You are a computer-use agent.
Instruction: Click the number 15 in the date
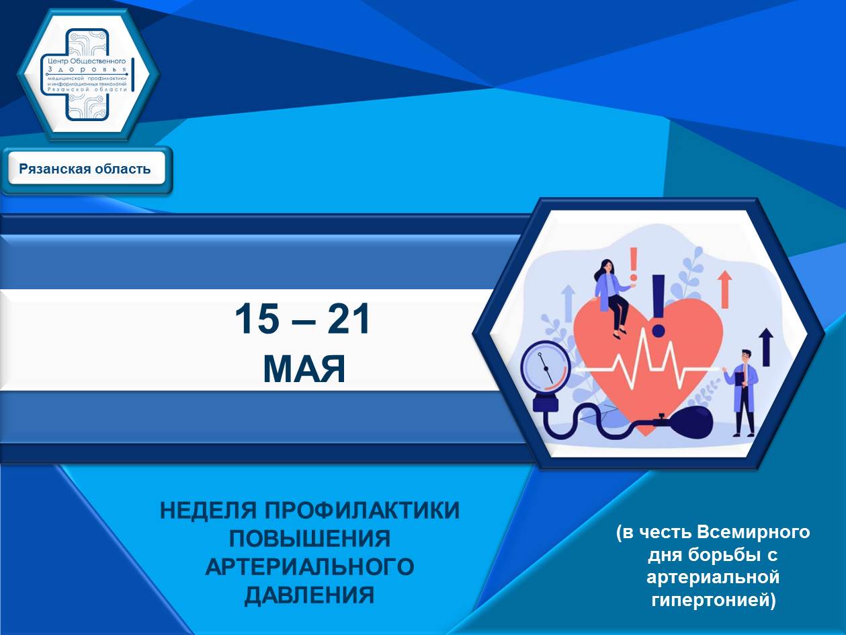click(x=257, y=319)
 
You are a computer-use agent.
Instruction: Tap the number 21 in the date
click(x=349, y=319)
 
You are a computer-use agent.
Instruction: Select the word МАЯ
click(x=304, y=369)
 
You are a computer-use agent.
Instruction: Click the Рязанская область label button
click(x=85, y=169)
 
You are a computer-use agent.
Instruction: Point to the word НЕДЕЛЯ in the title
click(x=208, y=511)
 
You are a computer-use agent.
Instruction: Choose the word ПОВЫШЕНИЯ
click(x=310, y=539)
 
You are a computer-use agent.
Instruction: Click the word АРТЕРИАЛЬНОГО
click(x=310, y=567)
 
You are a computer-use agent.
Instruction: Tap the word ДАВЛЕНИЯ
click(x=310, y=595)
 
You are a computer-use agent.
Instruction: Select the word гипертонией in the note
click(x=714, y=600)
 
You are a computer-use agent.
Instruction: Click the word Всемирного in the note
click(x=754, y=533)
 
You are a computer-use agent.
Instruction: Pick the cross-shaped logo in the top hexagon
click(x=88, y=75)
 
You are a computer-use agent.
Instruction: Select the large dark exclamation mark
click(x=659, y=305)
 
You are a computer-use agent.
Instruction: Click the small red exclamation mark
click(x=633, y=264)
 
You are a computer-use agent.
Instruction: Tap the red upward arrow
click(x=725, y=289)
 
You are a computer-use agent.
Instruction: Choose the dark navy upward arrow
click(x=766, y=347)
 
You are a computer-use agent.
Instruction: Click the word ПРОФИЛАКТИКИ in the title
click(x=362, y=511)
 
